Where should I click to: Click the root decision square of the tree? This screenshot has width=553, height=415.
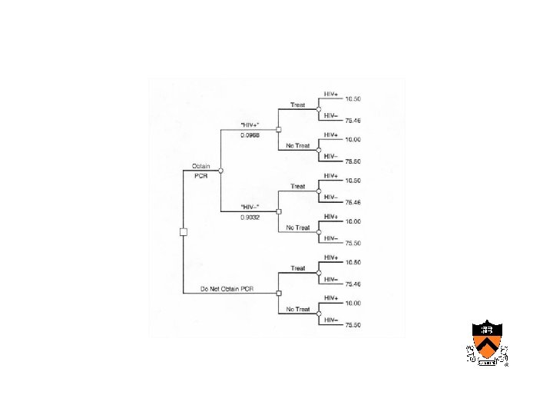(x=183, y=231)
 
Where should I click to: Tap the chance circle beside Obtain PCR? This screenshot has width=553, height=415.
(x=220, y=170)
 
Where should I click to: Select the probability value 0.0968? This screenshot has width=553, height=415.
(x=250, y=135)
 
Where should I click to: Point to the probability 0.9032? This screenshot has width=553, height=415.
(x=250, y=217)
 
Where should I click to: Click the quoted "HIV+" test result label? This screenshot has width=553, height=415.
(x=250, y=124)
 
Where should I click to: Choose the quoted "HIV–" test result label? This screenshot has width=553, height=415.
(x=250, y=206)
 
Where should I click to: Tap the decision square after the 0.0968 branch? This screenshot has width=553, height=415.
(x=279, y=129)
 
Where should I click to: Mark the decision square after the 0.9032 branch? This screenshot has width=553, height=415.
(x=279, y=211)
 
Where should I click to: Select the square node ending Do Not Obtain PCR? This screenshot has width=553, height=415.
(x=279, y=293)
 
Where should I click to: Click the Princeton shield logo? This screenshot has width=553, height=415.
(x=487, y=343)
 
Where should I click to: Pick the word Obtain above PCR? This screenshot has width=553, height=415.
(x=201, y=165)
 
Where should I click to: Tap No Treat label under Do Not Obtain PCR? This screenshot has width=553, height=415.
(x=298, y=309)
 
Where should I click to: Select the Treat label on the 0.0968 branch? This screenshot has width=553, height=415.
(x=298, y=105)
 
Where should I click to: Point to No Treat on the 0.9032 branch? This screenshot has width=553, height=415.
(x=298, y=227)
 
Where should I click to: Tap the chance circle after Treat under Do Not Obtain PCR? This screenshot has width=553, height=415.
(x=319, y=273)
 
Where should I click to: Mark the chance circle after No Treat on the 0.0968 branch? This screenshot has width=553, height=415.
(x=319, y=150)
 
